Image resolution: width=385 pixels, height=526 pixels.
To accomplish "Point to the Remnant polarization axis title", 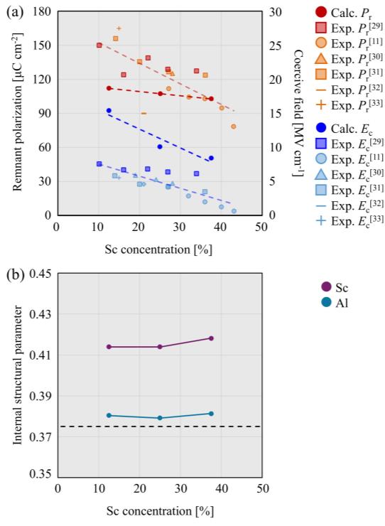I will point(15,114).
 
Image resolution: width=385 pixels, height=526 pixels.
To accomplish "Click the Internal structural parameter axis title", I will point(15,375).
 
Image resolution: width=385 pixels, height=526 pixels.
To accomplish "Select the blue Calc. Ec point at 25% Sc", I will point(160,146).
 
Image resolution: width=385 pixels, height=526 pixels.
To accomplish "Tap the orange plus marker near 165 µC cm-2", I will point(119,28).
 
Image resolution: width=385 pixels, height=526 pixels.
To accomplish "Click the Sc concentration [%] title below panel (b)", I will point(160,510).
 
